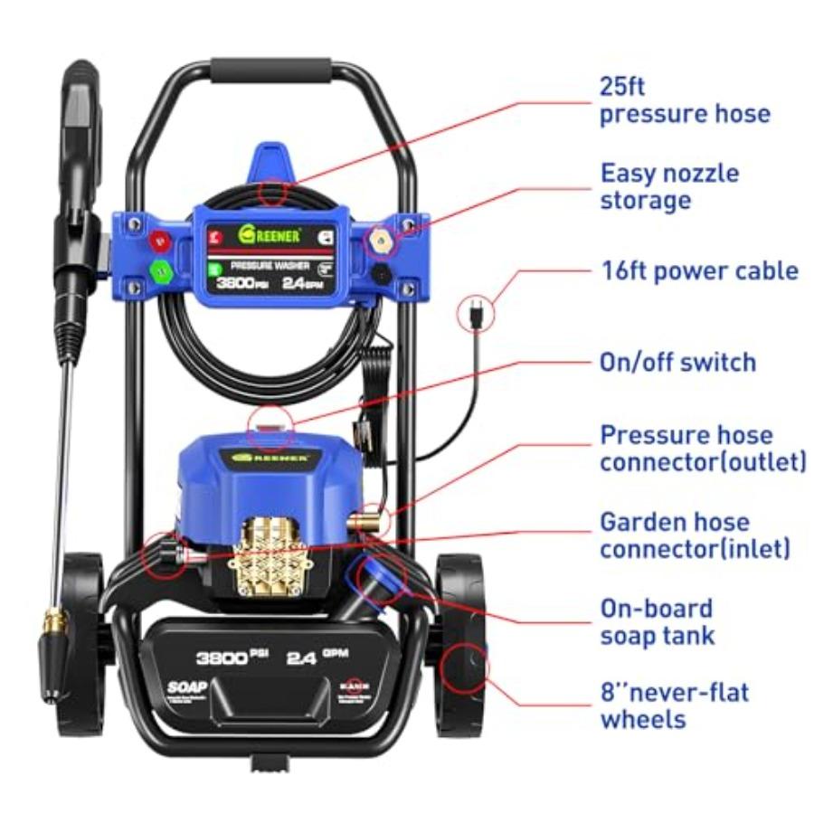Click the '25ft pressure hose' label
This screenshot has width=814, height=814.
coord(685,100)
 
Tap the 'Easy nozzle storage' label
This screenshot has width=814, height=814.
coord(669,186)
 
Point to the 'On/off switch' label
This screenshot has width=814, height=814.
coord(677,363)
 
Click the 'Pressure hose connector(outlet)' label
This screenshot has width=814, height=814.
coord(702,449)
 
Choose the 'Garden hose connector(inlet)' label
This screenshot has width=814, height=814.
coord(695,535)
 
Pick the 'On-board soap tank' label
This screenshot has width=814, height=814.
coord(658,621)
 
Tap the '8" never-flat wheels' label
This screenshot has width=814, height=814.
coord(674,706)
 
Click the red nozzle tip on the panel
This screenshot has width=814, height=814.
coord(160,241)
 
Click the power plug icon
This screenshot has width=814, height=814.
coord(472,313)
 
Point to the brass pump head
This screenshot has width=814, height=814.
coord(270,560)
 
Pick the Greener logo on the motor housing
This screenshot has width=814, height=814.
coord(272,458)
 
